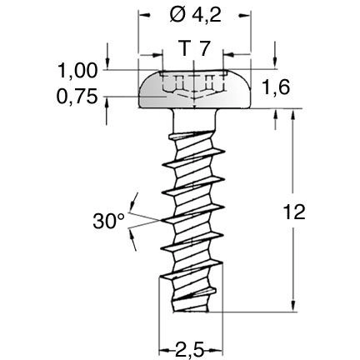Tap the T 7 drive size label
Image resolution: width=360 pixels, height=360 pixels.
coord(194,50)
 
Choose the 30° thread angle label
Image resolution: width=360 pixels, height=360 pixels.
coord(109,221)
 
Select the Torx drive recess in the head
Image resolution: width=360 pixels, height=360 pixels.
coord(194,86)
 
